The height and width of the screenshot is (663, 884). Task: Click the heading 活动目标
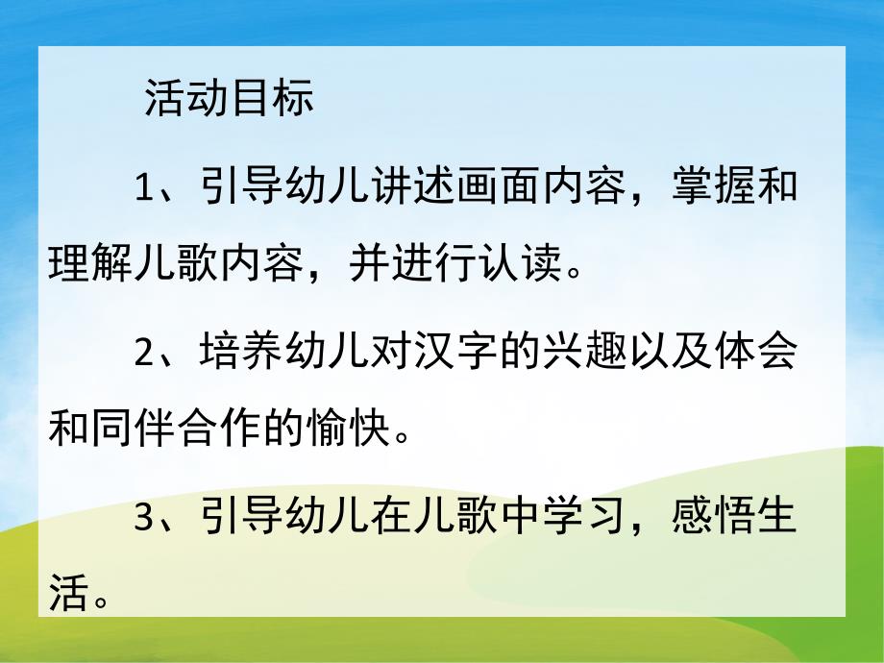229,99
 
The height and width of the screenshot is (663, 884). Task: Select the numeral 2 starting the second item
144,355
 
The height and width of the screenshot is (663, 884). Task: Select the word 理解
90,261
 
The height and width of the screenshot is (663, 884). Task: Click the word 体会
756,355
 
